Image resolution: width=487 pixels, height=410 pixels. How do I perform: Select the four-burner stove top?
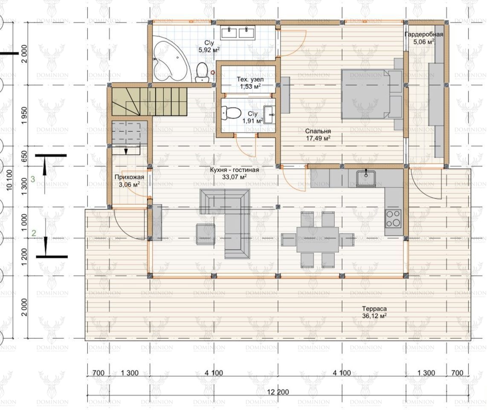coord(393,218)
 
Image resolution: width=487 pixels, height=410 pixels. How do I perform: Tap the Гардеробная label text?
coord(423,35)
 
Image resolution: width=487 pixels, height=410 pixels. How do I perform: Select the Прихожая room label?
coord(129,177)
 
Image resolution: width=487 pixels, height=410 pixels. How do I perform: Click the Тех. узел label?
coord(250,79)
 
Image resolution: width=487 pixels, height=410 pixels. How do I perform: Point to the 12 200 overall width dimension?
coord(278,392)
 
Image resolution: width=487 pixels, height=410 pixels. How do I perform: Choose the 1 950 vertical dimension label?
coord(24,115)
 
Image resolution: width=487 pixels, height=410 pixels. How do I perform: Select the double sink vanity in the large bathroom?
coord(238,33)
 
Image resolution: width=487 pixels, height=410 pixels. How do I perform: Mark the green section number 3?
coord(33,179)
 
